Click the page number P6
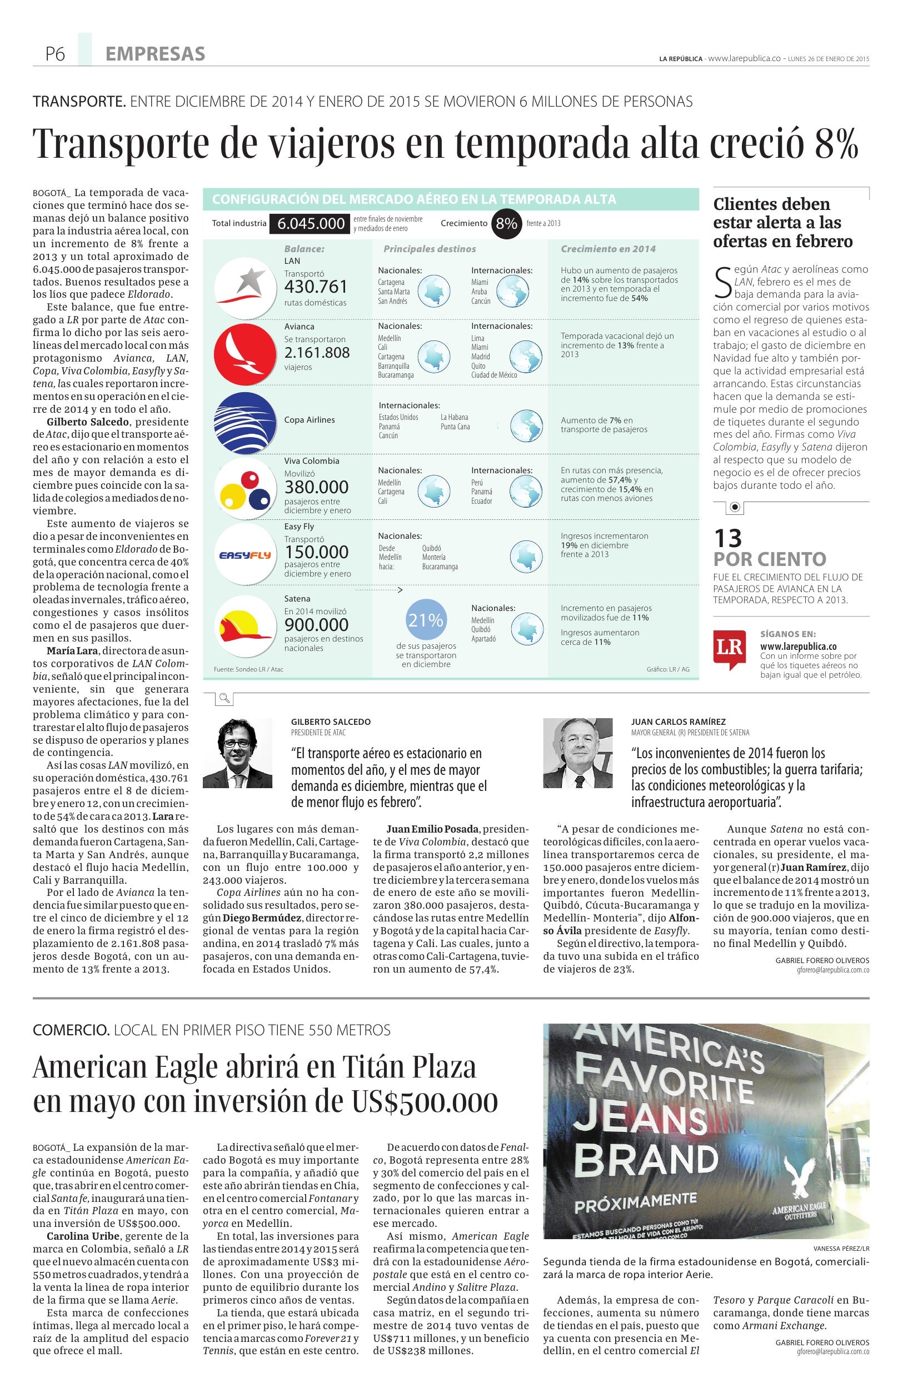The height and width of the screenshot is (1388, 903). (55, 54)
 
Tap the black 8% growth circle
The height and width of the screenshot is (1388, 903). (506, 223)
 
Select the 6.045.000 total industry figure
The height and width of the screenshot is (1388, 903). (311, 223)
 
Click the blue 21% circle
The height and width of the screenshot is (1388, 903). (426, 620)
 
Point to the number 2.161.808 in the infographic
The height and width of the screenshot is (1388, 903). (317, 353)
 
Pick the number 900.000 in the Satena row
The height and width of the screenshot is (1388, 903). (317, 625)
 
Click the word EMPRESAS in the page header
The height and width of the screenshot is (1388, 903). (155, 54)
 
